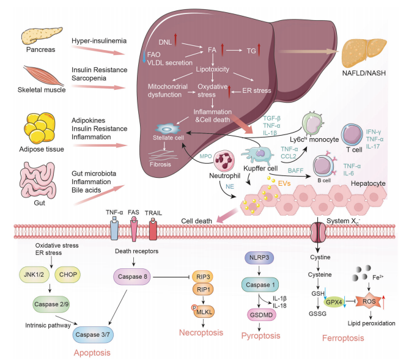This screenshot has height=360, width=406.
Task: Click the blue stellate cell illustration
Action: click(166, 130)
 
